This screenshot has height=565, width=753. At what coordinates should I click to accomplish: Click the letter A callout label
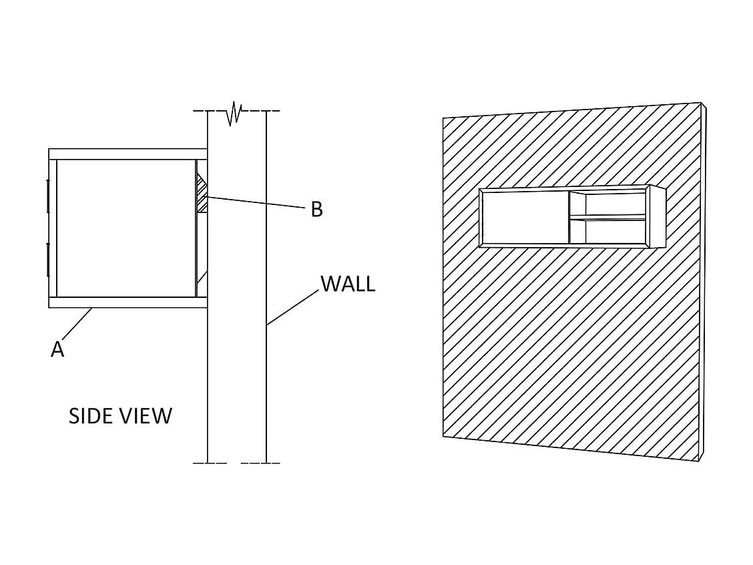click(x=57, y=349)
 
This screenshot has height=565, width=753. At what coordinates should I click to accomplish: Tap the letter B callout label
click(x=317, y=209)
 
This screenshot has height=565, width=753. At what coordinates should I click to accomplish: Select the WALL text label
click(x=348, y=284)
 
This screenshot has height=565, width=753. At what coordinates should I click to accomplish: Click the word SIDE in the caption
click(x=91, y=416)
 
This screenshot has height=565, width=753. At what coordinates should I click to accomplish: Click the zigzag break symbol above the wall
click(x=234, y=113)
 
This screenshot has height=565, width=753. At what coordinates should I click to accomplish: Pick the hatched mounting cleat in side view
click(x=202, y=194)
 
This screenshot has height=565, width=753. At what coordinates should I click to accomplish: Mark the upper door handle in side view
click(x=47, y=196)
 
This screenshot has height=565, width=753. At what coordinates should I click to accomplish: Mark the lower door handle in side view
click(x=47, y=260)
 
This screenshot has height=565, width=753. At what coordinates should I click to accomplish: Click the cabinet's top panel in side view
click(x=127, y=154)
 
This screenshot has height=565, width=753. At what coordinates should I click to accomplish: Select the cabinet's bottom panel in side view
click(x=127, y=303)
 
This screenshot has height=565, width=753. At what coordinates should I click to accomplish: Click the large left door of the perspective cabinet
click(x=525, y=218)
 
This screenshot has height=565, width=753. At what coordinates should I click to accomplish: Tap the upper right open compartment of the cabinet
click(x=614, y=204)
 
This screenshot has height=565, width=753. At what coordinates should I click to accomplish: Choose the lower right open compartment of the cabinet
click(x=614, y=231)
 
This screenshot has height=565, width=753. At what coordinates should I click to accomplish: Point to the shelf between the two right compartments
click(x=607, y=217)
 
